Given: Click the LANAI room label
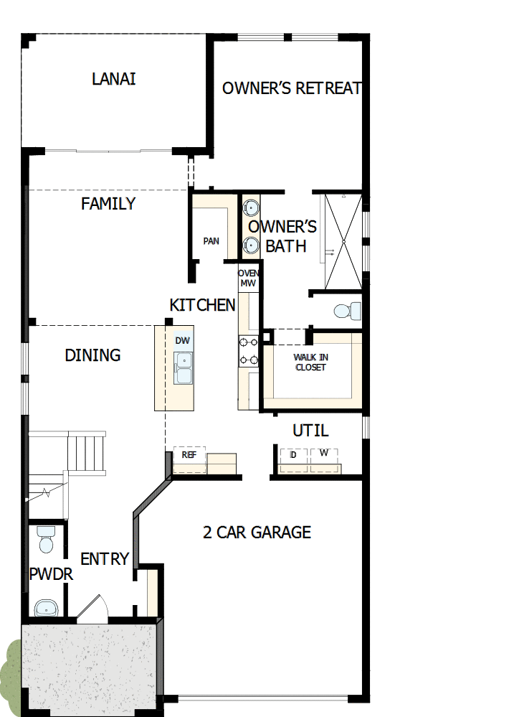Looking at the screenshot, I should pos(113,79).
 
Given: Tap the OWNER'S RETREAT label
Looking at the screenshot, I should pos(291,88).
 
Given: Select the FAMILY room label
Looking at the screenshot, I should pos(108,204).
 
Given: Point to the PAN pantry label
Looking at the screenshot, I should pos(211,241).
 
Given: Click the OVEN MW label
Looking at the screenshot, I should pos(248,278).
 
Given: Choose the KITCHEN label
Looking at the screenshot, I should pos(202,305).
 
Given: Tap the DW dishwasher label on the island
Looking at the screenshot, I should pos(183,341).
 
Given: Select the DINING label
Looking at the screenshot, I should pos(92,355).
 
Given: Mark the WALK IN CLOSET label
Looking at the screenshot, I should pos(310,362).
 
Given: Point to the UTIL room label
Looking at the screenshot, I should pos(310,431).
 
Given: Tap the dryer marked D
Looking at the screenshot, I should pos(293,455).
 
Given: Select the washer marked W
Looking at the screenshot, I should pos(323,454).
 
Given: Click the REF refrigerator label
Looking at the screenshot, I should pos(189,455).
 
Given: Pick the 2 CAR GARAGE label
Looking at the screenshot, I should pos(257,532).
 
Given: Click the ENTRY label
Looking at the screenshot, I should pos(105,558).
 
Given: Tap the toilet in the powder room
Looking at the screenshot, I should pos(47,540).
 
